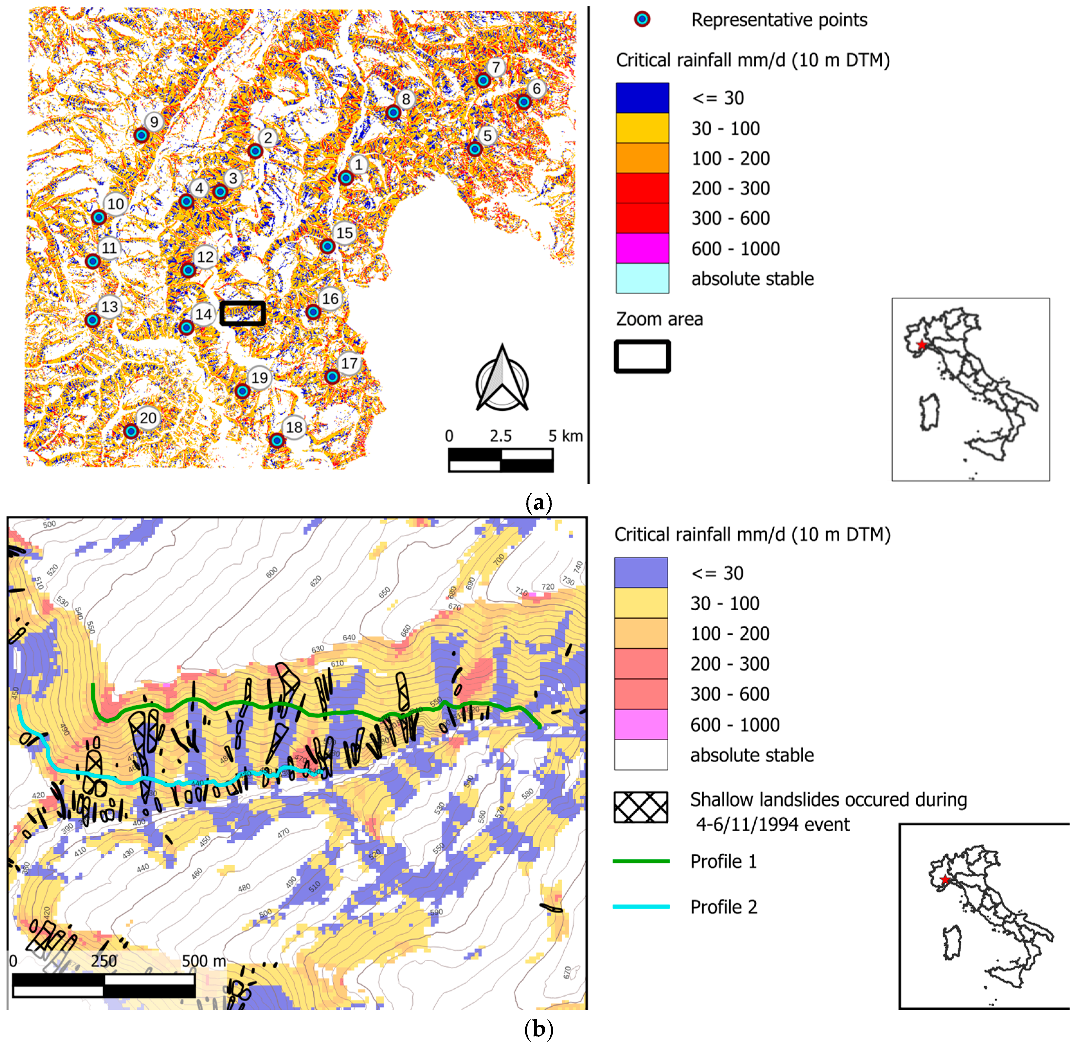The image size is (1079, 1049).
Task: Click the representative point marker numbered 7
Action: [x=483, y=80]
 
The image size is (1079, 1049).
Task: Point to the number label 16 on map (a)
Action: [x=330, y=299]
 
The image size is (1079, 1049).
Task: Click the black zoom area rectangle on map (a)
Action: [x=243, y=313]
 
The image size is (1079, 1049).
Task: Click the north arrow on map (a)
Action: [x=502, y=378]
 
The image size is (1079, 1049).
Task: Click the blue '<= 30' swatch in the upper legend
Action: [x=642, y=98]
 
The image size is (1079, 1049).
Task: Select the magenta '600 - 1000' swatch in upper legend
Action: [x=642, y=249]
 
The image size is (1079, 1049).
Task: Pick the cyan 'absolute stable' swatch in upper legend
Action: [x=642, y=278]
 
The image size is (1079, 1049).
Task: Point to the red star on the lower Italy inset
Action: [x=946, y=879]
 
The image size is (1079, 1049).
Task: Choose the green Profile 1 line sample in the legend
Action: [x=641, y=861]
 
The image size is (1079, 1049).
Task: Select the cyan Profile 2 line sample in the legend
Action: [x=641, y=906]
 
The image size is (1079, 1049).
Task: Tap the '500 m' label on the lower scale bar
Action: [x=204, y=961]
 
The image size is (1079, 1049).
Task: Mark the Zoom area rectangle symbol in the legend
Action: [x=642, y=357]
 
